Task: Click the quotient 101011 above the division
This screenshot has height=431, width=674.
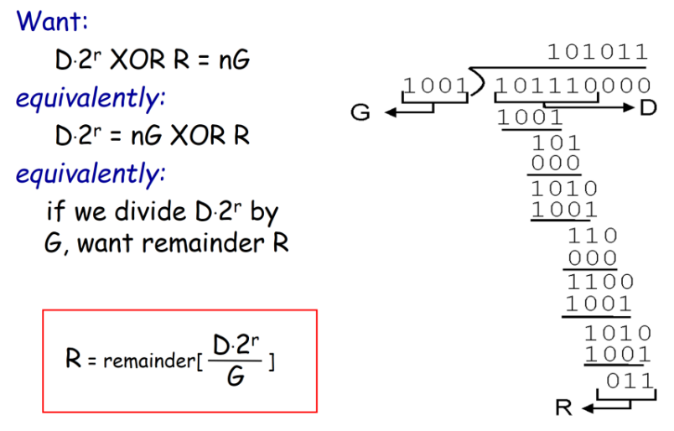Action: point(597,51)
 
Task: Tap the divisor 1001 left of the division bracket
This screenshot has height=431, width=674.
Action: point(434,85)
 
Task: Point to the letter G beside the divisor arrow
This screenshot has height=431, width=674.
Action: point(360,112)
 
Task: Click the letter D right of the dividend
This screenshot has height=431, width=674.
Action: point(648,108)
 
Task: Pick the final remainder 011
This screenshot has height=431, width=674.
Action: point(629,381)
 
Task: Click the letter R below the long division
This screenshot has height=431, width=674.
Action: point(564,408)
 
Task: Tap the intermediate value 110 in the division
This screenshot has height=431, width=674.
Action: point(593,236)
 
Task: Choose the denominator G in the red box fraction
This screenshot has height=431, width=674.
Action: point(237,377)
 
